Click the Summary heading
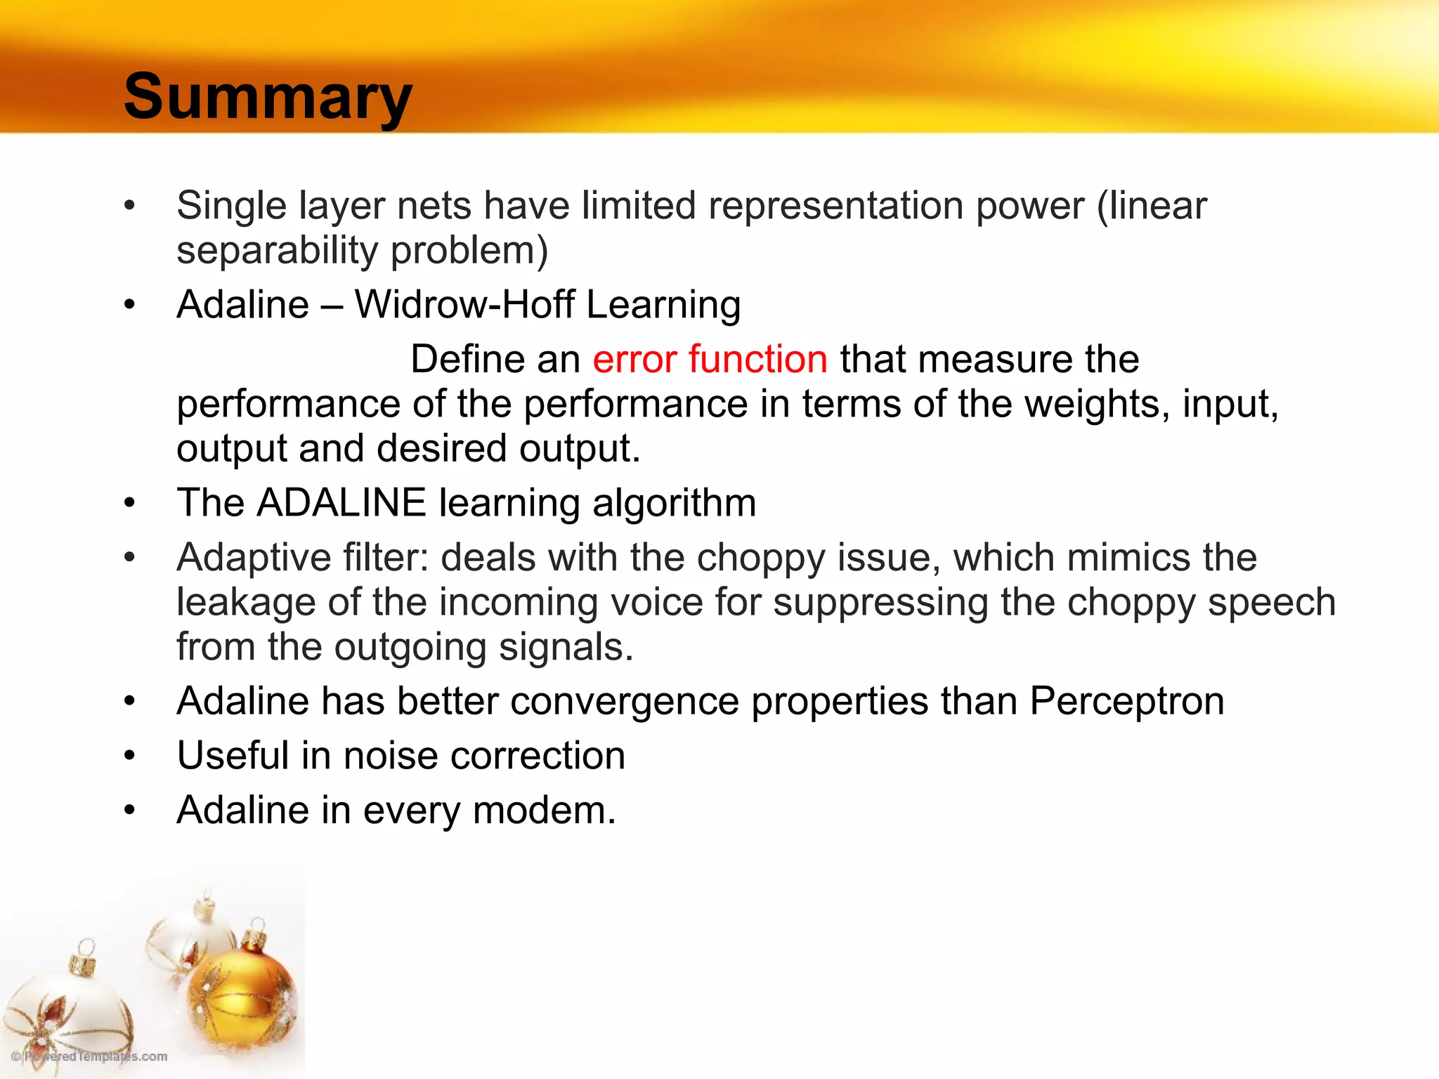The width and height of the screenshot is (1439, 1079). [267, 97]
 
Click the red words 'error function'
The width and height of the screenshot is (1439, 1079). [710, 359]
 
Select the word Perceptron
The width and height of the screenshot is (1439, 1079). [1126, 701]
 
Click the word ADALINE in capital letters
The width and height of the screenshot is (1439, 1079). [341, 503]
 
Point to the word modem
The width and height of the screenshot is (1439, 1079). [544, 810]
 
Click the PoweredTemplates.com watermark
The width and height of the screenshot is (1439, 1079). [89, 1057]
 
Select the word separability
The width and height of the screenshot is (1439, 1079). [277, 250]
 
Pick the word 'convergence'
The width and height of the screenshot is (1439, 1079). [624, 701]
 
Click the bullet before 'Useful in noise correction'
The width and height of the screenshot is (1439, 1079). [129, 756]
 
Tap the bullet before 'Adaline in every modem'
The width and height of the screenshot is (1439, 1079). [129, 811]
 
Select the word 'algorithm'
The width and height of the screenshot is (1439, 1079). [674, 503]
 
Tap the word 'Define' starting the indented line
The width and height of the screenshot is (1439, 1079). [467, 359]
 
